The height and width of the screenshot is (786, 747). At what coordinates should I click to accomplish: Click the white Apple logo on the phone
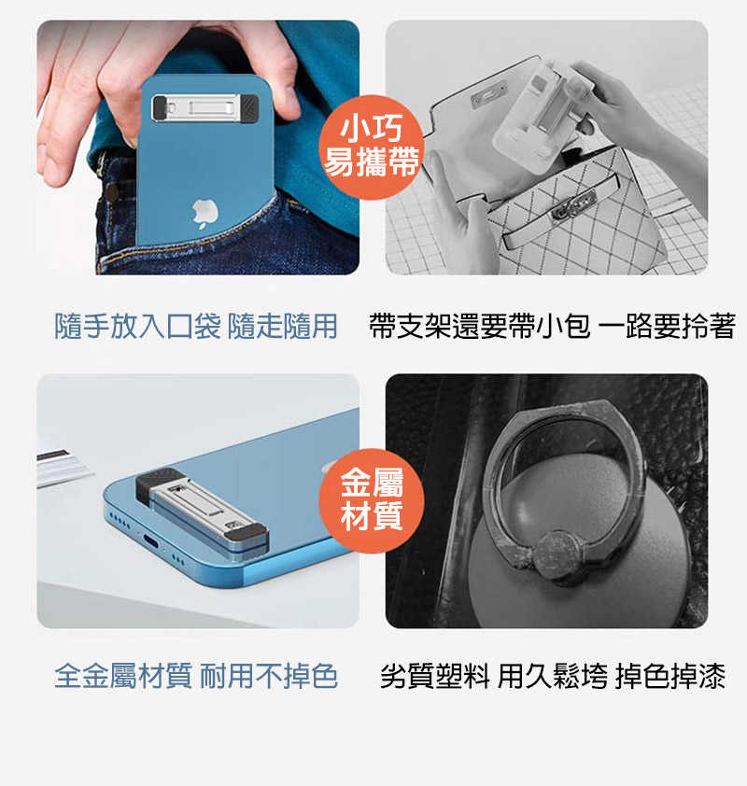coord(205,214)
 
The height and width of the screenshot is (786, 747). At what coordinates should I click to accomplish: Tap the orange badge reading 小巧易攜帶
coord(372,147)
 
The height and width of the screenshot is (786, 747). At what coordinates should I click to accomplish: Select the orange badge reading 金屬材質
coord(372,500)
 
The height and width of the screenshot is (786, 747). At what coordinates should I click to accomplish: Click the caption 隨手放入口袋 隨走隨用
coord(195,326)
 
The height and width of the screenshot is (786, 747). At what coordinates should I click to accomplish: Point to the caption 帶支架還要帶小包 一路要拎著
coord(553,326)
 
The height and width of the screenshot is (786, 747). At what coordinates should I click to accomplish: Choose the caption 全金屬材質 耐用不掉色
coord(195,675)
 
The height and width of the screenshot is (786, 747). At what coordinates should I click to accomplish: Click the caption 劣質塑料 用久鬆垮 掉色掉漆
coord(553,675)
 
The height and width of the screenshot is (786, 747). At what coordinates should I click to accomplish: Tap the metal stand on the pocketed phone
coord(205,107)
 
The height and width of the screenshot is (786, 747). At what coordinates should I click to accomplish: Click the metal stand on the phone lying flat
coord(202,511)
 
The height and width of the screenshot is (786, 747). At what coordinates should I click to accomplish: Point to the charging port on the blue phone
coord(151,541)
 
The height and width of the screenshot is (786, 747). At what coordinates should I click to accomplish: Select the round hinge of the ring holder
coord(557,553)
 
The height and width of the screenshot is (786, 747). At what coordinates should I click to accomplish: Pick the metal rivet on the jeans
coord(111,192)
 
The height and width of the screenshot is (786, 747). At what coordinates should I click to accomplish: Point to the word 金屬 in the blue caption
coord(109,675)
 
